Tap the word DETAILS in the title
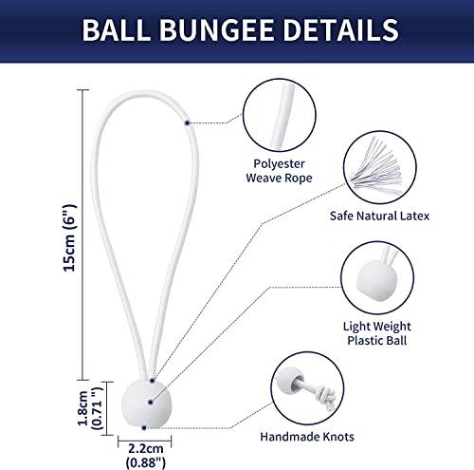[x=340, y=29]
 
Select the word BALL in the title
[x=117, y=29]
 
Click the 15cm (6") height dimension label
[x=70, y=237]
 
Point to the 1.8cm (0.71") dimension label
[x=91, y=408]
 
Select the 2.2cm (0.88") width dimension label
[x=146, y=456]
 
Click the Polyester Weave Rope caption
[x=279, y=171]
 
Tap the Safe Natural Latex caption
[x=379, y=216]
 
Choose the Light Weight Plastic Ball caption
[x=377, y=333]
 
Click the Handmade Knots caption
[x=307, y=437]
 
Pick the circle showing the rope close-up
[x=280, y=79]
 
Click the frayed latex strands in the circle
[x=376, y=166]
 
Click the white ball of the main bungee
[x=146, y=404]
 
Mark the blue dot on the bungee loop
[x=187, y=122]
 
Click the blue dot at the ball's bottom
[x=144, y=428]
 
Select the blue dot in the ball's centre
[x=151, y=403]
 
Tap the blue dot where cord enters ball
[x=152, y=381]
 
